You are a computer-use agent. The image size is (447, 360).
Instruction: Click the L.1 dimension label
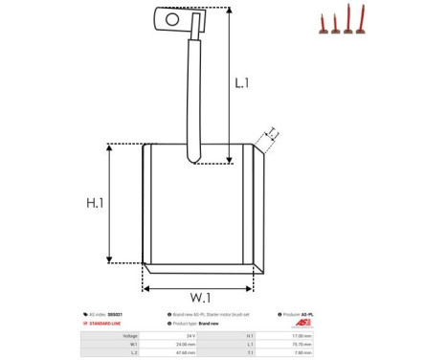coord(242,83)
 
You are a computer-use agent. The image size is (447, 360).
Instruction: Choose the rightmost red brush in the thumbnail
coord(361,21)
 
